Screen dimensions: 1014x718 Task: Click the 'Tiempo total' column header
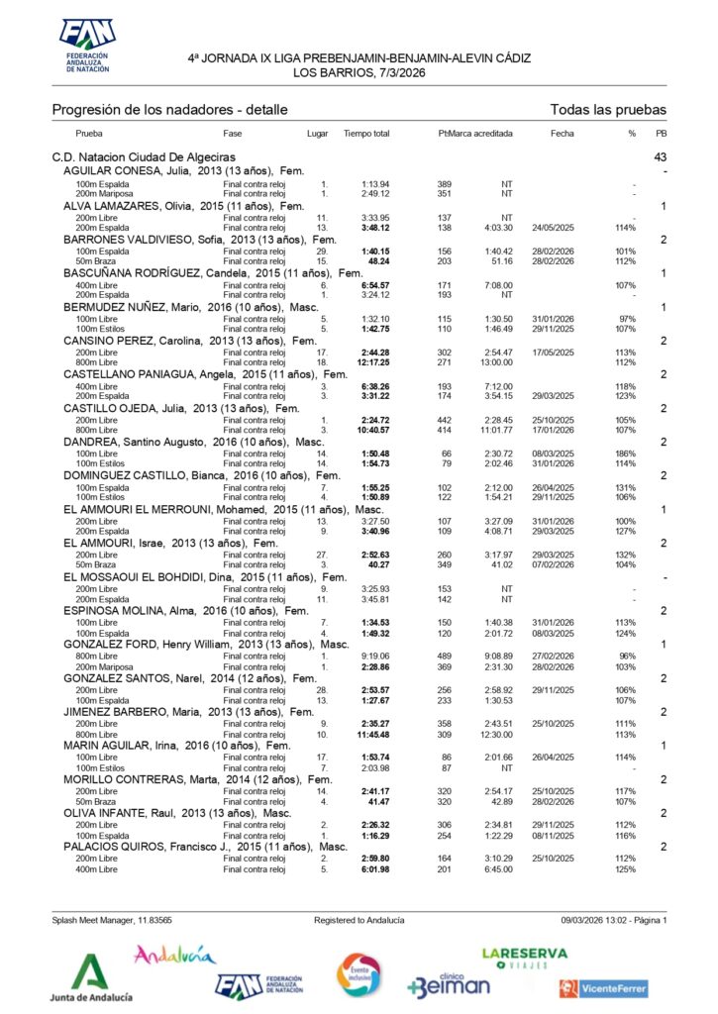click(366, 133)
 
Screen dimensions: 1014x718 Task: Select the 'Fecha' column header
click(562, 133)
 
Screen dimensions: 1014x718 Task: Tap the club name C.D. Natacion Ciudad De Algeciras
click(144, 157)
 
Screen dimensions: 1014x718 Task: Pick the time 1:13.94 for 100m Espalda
click(375, 184)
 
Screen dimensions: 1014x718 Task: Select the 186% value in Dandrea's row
click(625, 454)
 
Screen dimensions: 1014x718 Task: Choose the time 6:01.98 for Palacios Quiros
click(374, 869)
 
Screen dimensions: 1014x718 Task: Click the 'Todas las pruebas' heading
click(608, 110)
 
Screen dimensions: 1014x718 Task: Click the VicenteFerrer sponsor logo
click(603, 988)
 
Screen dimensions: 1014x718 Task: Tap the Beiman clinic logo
click(449, 982)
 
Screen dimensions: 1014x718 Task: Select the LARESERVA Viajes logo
click(524, 958)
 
